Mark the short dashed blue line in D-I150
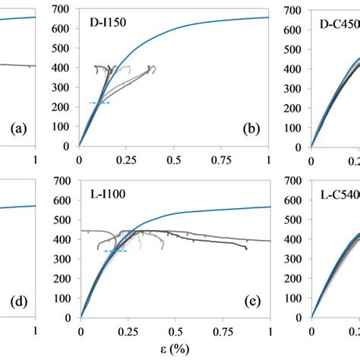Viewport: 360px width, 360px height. (x=99, y=103)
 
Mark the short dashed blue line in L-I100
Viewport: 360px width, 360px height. (x=115, y=251)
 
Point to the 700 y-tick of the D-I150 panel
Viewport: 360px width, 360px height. (x=65, y=8)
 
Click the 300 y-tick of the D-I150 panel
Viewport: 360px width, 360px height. (x=65, y=87)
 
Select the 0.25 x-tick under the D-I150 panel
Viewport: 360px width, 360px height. (x=126, y=160)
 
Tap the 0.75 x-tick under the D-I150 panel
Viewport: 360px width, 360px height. (x=221, y=160)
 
